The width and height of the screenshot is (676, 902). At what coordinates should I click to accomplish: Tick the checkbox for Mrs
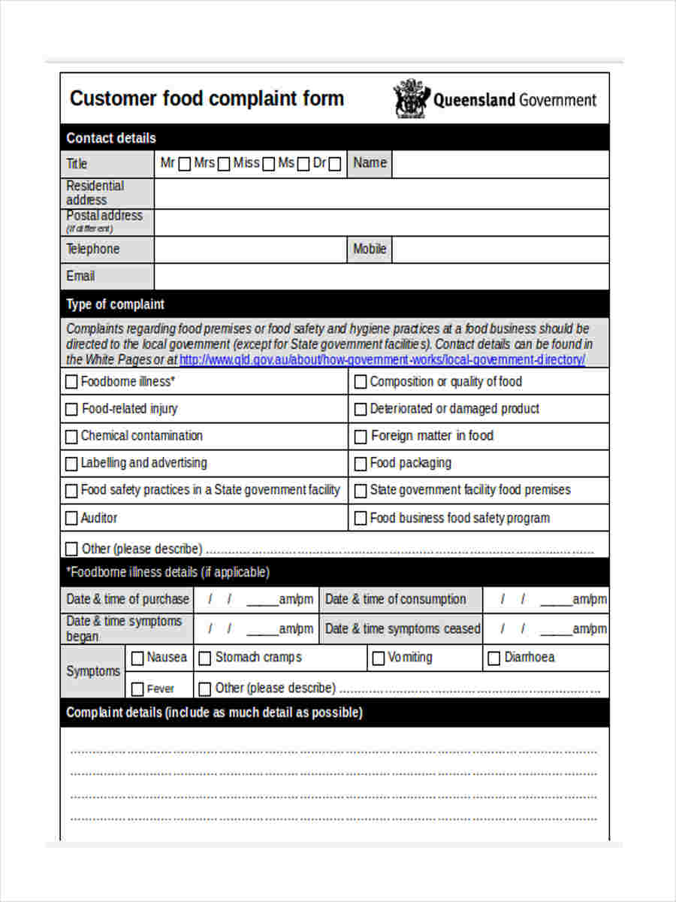(224, 165)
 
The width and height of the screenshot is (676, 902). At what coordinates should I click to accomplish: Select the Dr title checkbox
(335, 165)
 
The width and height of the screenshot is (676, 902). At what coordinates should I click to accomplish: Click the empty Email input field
(381, 277)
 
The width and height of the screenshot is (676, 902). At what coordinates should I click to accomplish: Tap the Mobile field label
(370, 249)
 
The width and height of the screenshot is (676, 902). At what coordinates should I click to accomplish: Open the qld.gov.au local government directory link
(382, 359)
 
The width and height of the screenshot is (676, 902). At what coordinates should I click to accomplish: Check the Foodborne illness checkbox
(71, 382)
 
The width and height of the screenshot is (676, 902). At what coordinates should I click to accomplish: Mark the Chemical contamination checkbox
(71, 436)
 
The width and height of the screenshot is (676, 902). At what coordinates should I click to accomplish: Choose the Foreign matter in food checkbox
(361, 436)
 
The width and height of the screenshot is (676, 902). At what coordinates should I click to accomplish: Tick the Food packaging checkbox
(361, 463)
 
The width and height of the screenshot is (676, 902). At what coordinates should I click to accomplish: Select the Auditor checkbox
(71, 518)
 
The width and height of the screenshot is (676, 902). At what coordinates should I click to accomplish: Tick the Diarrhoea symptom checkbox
(494, 658)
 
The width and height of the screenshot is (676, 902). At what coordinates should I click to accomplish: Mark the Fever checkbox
(137, 689)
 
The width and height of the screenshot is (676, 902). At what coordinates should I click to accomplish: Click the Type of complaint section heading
(115, 304)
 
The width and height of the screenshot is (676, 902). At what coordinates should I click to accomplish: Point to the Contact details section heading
(111, 138)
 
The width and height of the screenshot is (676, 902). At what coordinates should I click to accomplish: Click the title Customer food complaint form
(207, 98)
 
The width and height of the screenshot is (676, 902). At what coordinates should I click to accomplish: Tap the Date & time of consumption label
(395, 599)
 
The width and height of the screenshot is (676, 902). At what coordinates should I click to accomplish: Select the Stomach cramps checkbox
(205, 658)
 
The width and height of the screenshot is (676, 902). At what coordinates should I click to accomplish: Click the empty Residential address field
(381, 193)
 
